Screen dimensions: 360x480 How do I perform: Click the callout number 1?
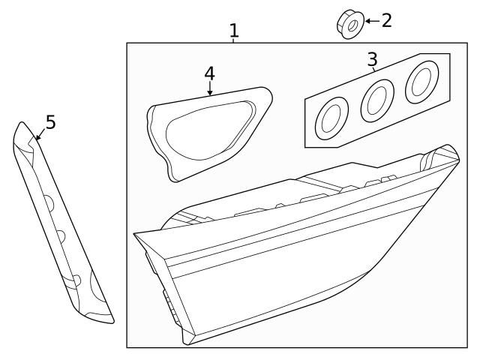point(234,31)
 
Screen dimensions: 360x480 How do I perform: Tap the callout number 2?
point(386,20)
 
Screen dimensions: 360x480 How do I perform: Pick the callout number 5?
point(50,121)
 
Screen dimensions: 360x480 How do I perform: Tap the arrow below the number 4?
point(209,90)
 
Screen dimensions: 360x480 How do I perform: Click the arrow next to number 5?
point(39,135)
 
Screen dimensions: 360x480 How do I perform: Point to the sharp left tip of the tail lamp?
point(135,235)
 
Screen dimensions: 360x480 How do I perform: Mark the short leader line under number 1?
point(234,40)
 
